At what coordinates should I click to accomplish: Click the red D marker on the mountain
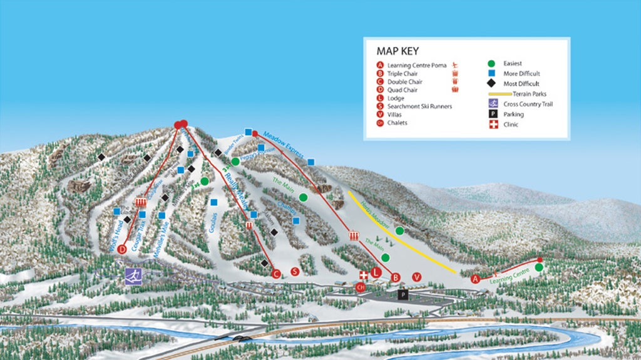tap(122, 249)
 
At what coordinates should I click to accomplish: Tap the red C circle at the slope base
tap(275, 273)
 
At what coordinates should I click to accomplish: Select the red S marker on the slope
tap(295, 271)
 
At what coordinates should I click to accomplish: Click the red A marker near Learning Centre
tap(475, 279)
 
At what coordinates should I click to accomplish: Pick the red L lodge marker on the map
tap(376, 272)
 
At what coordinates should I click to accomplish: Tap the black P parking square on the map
tap(403, 294)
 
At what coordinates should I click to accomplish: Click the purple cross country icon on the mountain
tap(132, 276)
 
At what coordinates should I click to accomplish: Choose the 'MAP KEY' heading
tap(397, 51)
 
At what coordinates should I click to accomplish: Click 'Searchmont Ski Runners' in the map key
tap(419, 106)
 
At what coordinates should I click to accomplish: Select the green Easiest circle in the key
tap(492, 63)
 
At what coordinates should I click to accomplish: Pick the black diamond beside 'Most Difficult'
tap(492, 83)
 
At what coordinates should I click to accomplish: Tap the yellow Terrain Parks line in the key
tap(501, 94)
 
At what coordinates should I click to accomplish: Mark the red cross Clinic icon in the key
tap(492, 125)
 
